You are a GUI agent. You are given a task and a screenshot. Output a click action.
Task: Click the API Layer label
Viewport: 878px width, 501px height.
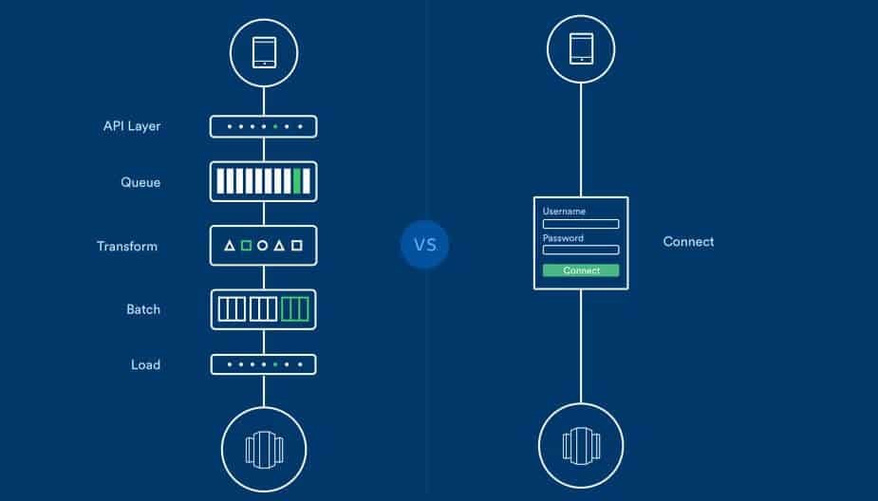132,126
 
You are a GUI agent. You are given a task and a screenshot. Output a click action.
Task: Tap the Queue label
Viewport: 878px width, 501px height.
140,182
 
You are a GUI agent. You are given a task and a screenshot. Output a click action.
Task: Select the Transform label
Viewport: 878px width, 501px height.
127,246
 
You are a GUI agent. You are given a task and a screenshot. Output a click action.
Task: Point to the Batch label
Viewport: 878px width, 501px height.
143,309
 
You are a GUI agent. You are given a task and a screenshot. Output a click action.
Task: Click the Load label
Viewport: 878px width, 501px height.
145,364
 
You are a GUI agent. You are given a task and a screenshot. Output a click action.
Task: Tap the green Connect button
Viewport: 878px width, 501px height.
581,270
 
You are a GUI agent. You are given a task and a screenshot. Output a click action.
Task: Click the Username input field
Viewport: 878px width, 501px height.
581,224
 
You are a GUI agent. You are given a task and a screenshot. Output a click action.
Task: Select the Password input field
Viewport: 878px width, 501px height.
581,250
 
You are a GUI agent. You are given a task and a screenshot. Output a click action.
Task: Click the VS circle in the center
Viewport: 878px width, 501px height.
424,245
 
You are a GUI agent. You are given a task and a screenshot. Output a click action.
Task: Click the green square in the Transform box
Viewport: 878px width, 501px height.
246,246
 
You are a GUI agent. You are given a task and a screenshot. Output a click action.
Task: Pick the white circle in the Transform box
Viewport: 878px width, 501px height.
263,246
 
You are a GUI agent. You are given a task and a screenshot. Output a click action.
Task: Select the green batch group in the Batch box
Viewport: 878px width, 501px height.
294,308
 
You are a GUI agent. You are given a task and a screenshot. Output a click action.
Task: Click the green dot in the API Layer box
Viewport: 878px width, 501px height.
275,126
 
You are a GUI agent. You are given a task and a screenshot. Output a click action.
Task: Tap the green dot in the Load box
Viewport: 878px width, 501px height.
275,364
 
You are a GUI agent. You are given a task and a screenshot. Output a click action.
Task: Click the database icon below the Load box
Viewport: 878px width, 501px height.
264,447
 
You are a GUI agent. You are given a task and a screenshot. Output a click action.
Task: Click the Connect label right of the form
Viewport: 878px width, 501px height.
688,242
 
